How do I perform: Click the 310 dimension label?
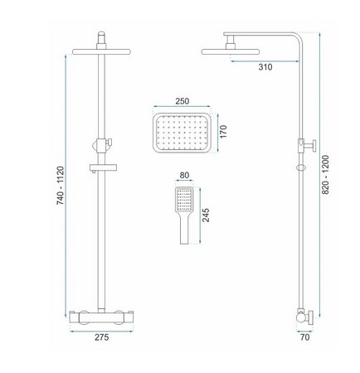(265, 67)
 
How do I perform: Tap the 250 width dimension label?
(182, 101)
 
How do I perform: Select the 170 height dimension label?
(223, 132)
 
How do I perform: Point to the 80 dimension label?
(184, 176)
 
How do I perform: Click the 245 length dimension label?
(206, 216)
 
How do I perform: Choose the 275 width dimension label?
(102, 337)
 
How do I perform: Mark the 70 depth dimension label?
(304, 337)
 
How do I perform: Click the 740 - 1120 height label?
(61, 186)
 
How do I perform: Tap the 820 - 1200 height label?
(326, 175)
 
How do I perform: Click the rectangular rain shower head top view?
(182, 133)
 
